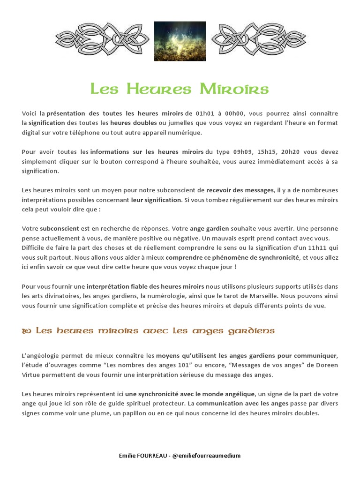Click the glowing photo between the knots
point(180,41)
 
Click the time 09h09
point(243,152)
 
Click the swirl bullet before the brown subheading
point(26,331)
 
